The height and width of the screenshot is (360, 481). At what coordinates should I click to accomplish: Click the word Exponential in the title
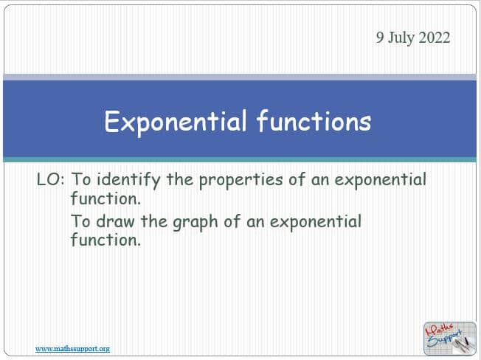(x=176, y=122)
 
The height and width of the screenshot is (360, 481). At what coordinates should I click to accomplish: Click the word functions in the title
(x=314, y=121)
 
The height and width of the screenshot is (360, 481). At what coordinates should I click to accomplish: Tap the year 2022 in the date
(x=435, y=38)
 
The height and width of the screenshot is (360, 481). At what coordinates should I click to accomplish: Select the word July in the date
(x=401, y=38)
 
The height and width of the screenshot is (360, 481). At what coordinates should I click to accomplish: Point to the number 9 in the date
(x=380, y=38)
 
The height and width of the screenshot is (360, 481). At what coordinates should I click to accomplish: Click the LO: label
(x=51, y=179)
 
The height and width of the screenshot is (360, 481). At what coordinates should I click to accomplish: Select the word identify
(x=128, y=180)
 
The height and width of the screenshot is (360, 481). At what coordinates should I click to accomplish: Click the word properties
(x=240, y=180)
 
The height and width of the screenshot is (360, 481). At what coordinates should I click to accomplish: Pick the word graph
(x=195, y=223)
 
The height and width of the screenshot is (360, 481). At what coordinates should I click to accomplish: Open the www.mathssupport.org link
(x=72, y=349)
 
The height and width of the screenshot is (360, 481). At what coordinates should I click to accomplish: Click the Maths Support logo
(x=450, y=338)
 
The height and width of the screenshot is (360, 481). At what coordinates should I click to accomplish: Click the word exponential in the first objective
(x=381, y=180)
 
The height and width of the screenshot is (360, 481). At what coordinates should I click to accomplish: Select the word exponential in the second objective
(x=316, y=222)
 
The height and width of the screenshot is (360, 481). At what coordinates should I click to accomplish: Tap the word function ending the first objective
(x=105, y=198)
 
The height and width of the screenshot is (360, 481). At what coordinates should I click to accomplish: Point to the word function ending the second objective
(x=105, y=240)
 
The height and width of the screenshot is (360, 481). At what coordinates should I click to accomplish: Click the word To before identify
(x=81, y=179)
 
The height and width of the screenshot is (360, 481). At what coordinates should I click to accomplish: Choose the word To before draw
(x=81, y=221)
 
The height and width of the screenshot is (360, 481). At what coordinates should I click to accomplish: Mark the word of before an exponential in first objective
(x=297, y=179)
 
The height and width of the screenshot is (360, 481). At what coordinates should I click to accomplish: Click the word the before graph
(x=154, y=221)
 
